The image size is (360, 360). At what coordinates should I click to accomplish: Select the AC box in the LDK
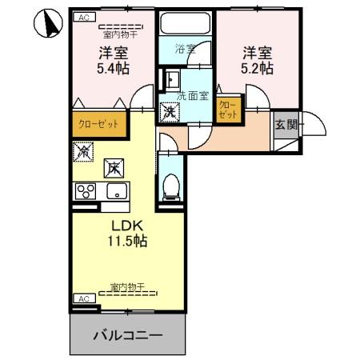tap(82, 298)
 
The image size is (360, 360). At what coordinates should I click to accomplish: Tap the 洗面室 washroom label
tap(192, 96)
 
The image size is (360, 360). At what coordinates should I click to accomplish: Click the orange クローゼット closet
tap(98, 126)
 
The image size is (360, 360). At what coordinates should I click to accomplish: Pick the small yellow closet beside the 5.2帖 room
tap(228, 110)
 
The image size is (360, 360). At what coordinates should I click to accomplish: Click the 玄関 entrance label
tap(286, 124)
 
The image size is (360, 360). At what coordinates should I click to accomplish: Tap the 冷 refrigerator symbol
tap(82, 150)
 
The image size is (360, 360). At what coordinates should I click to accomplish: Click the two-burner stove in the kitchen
tap(84, 191)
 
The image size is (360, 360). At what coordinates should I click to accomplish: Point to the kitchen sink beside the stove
tap(115, 191)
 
